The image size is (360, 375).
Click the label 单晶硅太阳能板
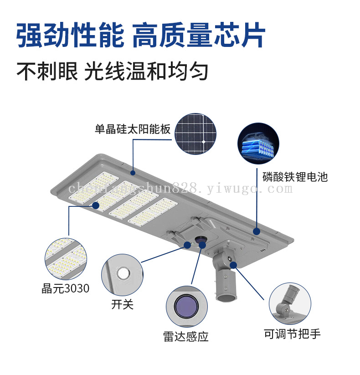(133, 129)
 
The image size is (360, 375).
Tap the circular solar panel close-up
(195, 134)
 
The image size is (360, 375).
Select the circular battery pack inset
(258, 144)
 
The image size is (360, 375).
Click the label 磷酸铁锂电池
(295, 177)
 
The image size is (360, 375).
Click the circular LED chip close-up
(66, 259)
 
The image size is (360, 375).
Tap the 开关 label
(122, 304)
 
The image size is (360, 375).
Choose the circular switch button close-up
(122, 275)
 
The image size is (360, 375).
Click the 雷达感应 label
(186, 336)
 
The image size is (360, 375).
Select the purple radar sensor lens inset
(187, 307)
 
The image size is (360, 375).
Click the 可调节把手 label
(292, 334)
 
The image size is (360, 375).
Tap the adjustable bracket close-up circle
(290, 304)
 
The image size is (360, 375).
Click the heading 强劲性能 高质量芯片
(141, 35)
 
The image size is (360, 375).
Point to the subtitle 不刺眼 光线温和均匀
(112, 71)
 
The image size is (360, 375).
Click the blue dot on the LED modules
(96, 205)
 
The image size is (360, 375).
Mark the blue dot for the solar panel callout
(133, 173)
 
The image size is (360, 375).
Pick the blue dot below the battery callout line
(257, 231)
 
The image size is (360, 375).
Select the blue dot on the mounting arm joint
(233, 265)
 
